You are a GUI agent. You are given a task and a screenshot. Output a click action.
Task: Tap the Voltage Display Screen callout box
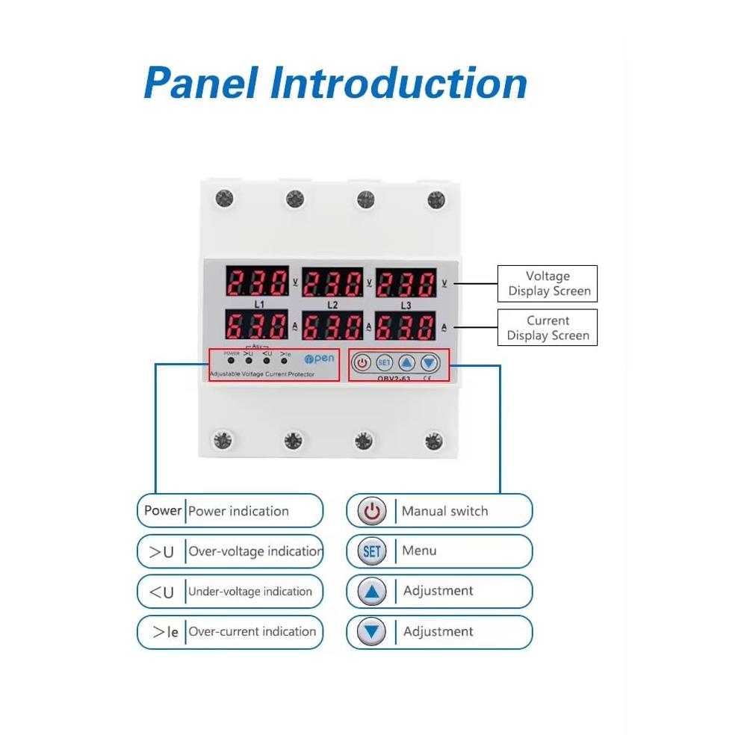click(548, 284)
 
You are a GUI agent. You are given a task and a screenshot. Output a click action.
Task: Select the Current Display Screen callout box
click(548, 328)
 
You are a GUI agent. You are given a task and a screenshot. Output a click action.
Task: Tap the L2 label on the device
click(332, 305)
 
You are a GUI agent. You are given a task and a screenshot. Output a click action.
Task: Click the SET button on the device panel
click(384, 363)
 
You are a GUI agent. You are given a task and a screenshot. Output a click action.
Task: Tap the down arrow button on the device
click(429, 363)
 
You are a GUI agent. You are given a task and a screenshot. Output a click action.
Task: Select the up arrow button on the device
click(406, 363)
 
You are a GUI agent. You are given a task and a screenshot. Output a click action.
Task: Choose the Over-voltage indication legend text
click(255, 551)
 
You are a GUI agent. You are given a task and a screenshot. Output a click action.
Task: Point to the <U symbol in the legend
click(161, 592)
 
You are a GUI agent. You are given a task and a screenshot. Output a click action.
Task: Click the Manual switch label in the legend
click(444, 511)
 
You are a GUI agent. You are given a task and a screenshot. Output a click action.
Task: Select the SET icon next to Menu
click(371, 552)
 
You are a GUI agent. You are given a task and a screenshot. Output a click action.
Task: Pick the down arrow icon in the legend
click(371, 633)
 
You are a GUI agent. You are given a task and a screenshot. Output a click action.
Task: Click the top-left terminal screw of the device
click(224, 199)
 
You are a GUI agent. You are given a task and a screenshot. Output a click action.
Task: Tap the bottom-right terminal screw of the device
click(433, 440)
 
